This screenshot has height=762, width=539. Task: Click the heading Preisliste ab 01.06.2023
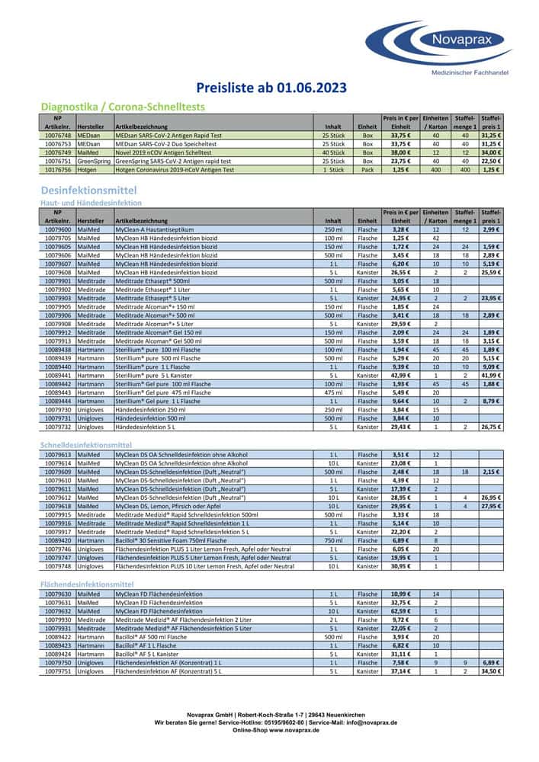pyautogui.click(x=271, y=88)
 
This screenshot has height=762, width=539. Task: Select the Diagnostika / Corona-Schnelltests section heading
pyautogui.click(x=122, y=107)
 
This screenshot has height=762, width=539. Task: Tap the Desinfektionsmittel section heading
pyautogui.click(x=88, y=189)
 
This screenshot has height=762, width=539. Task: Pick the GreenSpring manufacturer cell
pyautogui.click(x=94, y=162)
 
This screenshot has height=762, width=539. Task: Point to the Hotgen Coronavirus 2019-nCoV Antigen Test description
pyautogui.click(x=173, y=170)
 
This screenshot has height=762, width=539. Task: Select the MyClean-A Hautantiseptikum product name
pyautogui.click(x=154, y=229)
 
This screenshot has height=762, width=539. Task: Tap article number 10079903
pyautogui.click(x=58, y=298)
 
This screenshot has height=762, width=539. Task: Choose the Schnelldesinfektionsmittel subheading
pyautogui.click(x=86, y=444)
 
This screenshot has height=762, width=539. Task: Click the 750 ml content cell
pyautogui.click(x=333, y=539)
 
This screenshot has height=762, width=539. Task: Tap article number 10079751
pyautogui.click(x=58, y=671)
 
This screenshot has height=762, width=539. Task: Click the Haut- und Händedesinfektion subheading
pyautogui.click(x=91, y=203)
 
